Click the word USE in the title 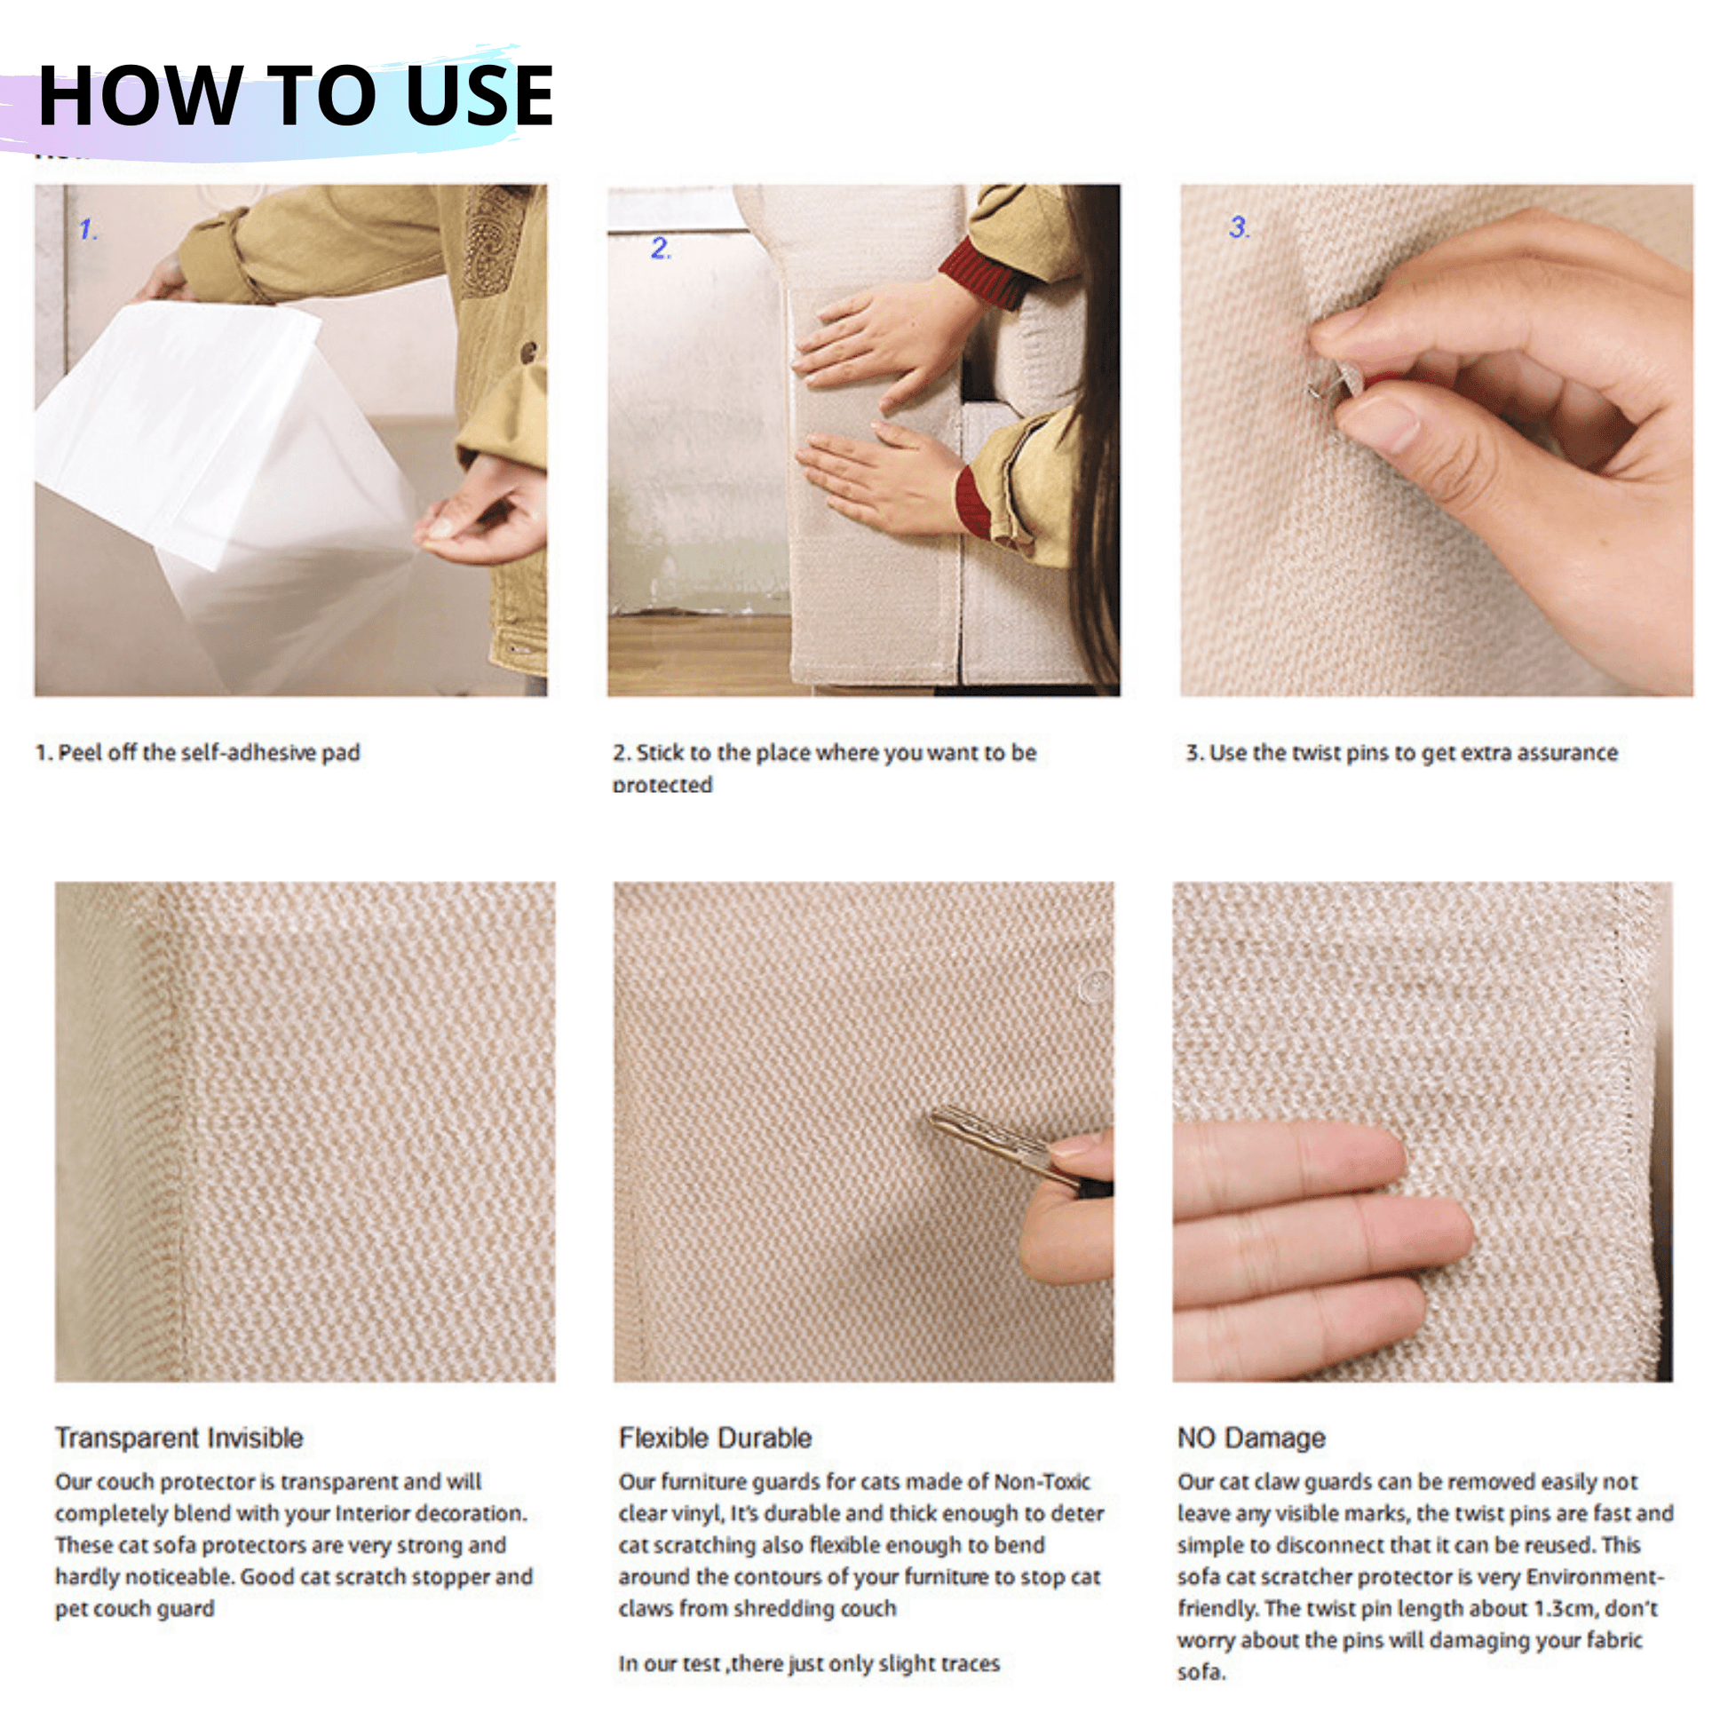(x=480, y=96)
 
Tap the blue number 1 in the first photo (x=88, y=230)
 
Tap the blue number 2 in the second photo (x=660, y=248)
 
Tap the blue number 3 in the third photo (x=1239, y=226)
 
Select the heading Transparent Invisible (x=178, y=1438)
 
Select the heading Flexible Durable (x=715, y=1438)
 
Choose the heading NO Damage (x=1250, y=1438)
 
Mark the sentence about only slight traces (x=809, y=1663)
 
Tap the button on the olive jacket (x=528, y=352)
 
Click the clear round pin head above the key (x=1094, y=985)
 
